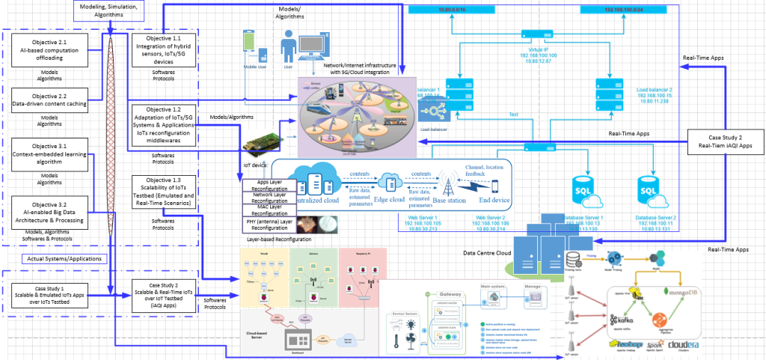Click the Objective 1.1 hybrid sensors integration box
click(x=164, y=49)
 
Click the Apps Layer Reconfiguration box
click(x=270, y=184)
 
